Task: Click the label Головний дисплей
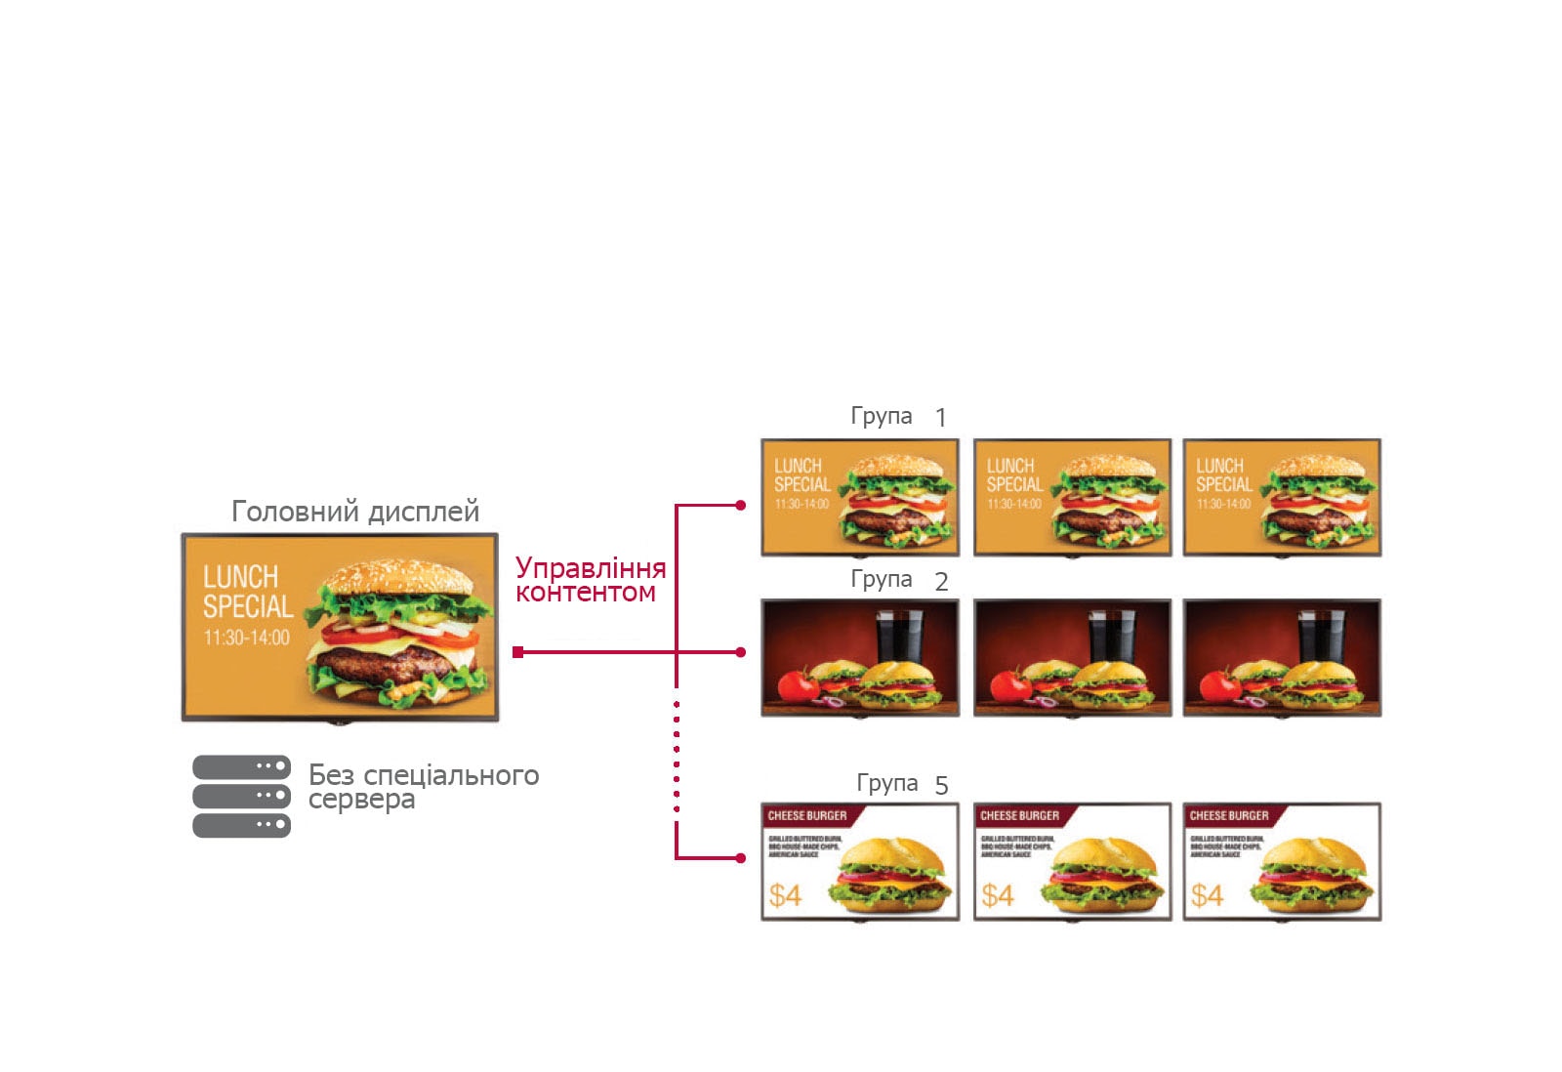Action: click(355, 511)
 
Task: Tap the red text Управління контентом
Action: click(590, 580)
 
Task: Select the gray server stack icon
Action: click(241, 796)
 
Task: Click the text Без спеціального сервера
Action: click(423, 787)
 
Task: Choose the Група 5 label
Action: click(901, 784)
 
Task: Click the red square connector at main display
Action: click(518, 652)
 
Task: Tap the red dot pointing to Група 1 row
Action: click(741, 506)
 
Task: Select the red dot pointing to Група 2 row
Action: click(741, 652)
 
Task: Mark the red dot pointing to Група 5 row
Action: click(741, 858)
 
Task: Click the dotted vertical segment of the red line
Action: click(677, 757)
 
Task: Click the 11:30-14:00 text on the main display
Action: click(246, 638)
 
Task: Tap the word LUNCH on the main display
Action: click(240, 576)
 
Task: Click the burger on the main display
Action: click(398, 633)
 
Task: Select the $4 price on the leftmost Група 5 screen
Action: click(785, 894)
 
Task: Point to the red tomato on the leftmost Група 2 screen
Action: click(799, 684)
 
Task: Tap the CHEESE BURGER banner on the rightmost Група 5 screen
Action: click(1229, 815)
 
